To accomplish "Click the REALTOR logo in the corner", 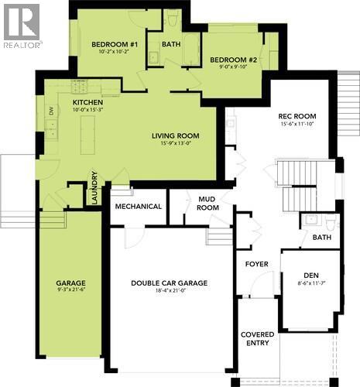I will click(22, 26).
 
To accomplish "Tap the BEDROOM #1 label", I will click(114, 45).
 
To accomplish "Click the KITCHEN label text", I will click(87, 102).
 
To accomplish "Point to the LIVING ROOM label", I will click(176, 135).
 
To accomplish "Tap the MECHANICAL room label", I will click(139, 207).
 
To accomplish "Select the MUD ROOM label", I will click(207, 203).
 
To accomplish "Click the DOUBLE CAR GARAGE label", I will click(169, 283).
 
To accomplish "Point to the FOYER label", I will click(256, 265).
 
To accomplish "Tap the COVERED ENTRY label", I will click(256, 337).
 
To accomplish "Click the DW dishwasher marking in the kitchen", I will click(51, 111).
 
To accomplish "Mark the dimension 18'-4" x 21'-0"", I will click(169, 293).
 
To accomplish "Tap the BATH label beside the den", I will click(321, 238).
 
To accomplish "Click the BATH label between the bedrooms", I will click(170, 44).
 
